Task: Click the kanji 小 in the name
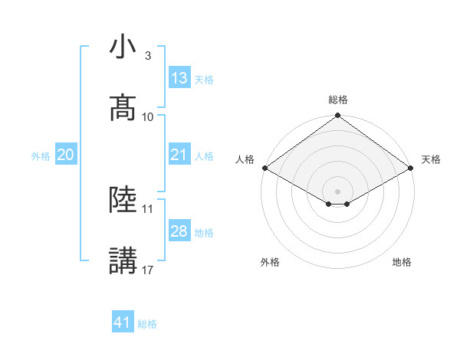123,47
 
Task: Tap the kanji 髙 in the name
123,108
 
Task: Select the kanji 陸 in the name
123,200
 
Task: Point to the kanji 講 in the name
123,261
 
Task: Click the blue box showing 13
179,78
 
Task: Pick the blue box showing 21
179,155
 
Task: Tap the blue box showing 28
179,231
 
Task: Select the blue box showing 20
65,155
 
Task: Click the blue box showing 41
123,322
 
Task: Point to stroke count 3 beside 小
148,56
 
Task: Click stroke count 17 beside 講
148,270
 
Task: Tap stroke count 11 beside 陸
148,208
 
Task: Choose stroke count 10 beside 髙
148,116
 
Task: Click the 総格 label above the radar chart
338,100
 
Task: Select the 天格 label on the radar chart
431,159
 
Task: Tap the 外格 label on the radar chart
270,262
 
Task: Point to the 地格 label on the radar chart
402,262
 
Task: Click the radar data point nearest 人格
264,168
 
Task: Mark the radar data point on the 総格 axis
338,116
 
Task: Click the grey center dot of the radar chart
338,191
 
